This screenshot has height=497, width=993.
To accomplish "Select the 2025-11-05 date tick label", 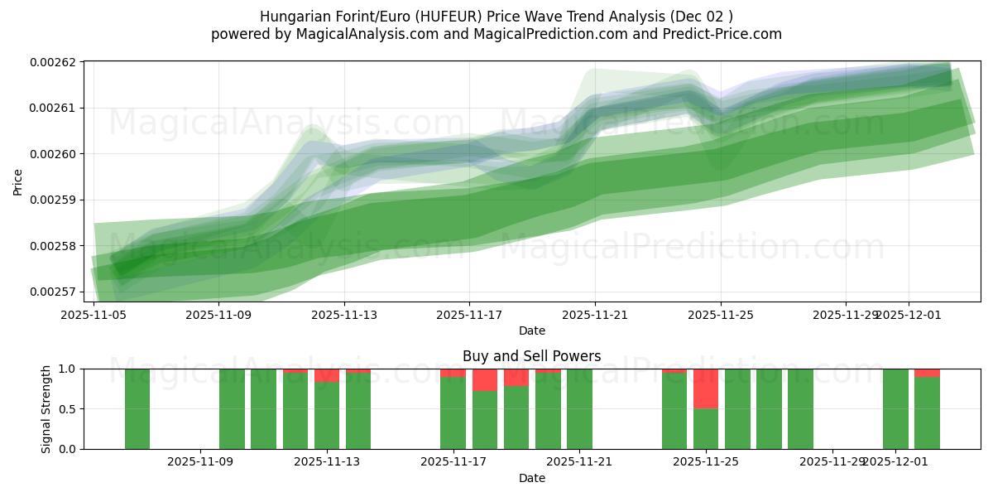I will click(x=94, y=315).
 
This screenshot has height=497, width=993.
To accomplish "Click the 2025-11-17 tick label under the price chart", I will click(x=469, y=315).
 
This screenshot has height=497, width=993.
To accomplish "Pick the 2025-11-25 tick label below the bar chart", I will click(x=705, y=461).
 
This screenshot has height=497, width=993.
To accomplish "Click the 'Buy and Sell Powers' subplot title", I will click(x=531, y=356).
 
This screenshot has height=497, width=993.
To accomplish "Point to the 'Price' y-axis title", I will click(x=18, y=181).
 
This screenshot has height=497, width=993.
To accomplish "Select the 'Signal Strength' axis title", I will click(x=46, y=409).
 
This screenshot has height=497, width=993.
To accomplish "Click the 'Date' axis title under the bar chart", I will click(x=531, y=478).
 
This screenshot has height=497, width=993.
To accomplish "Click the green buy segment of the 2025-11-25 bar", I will click(x=705, y=429).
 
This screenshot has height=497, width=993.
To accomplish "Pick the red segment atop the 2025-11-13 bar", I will click(x=327, y=375).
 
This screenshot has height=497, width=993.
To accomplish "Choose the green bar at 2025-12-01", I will click(x=895, y=409).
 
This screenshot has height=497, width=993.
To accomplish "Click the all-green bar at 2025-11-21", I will click(x=579, y=409).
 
